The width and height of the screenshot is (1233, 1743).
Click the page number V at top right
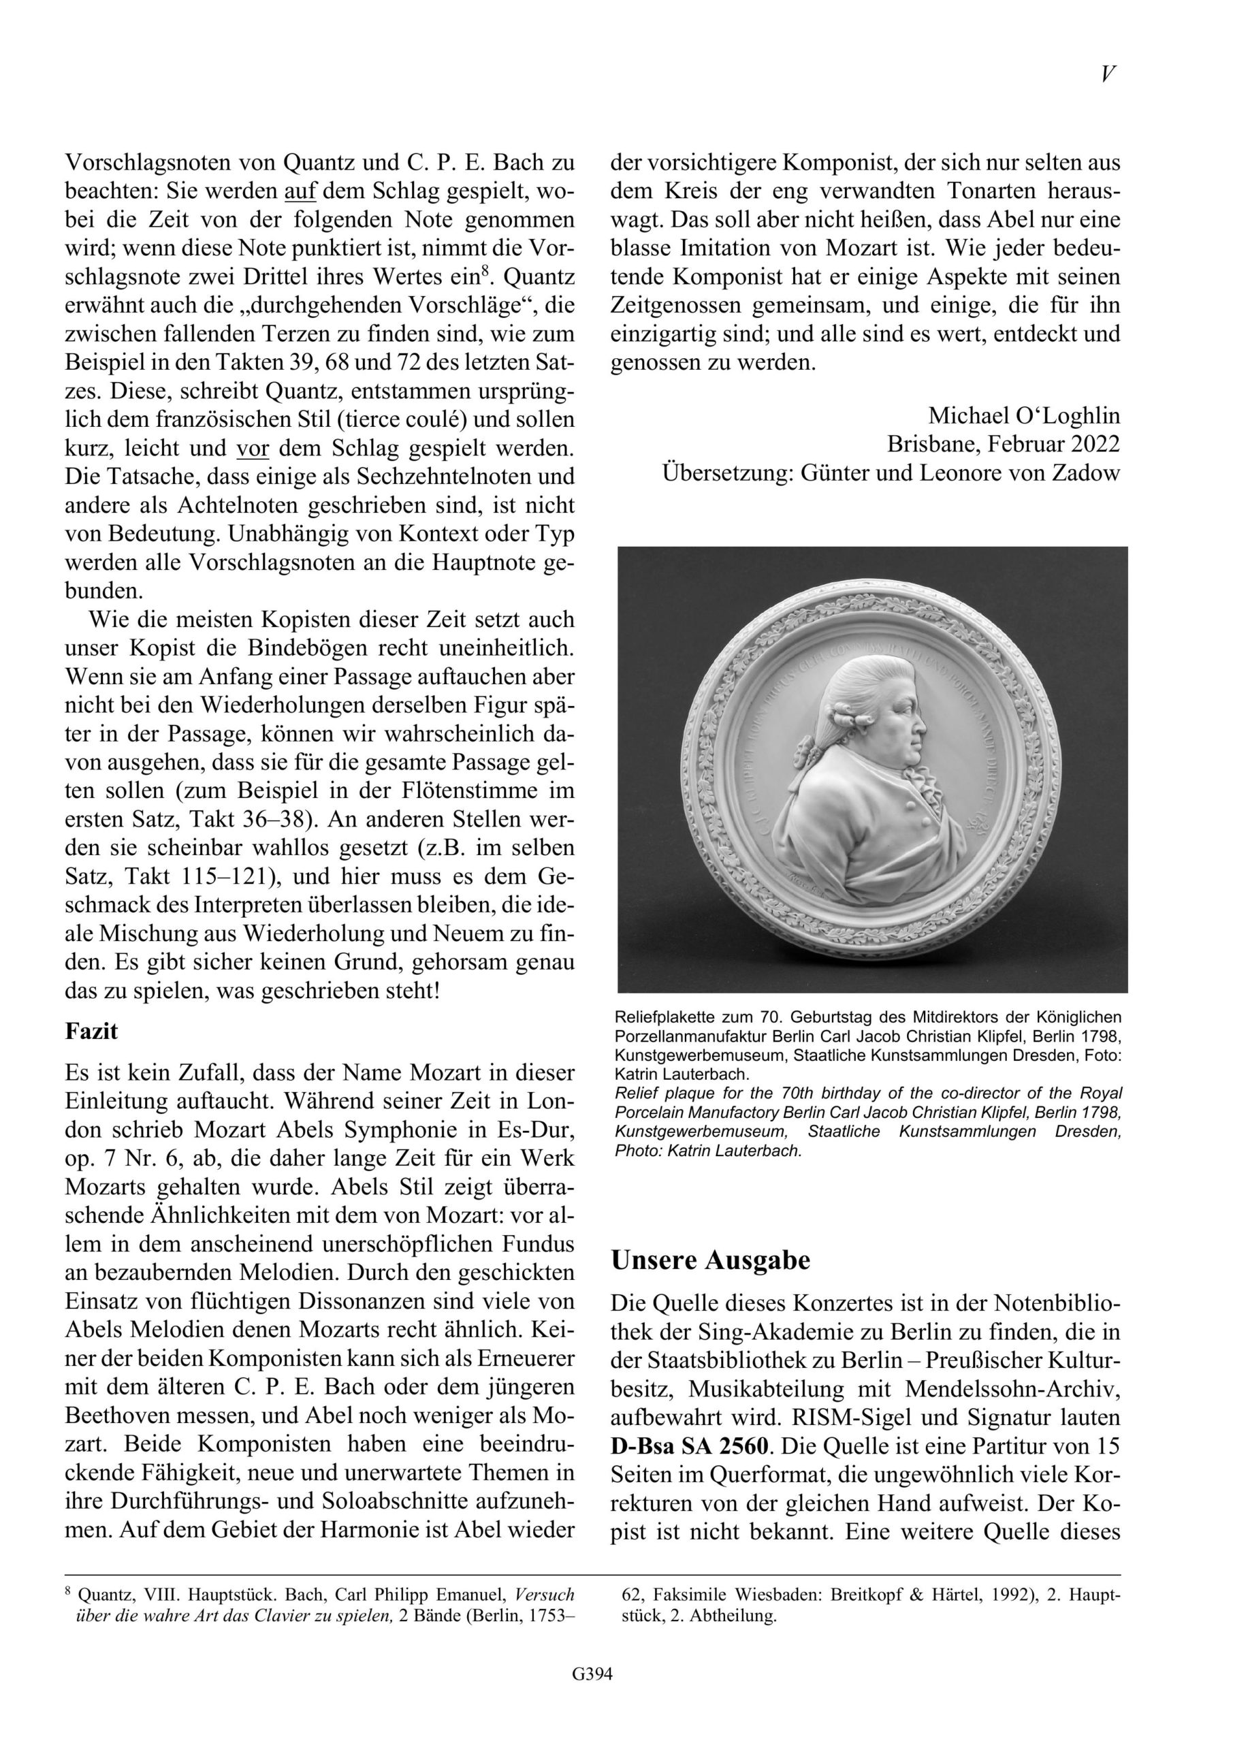pyautogui.click(x=1108, y=74)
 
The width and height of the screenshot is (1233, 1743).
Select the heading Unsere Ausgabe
pyautogui.click(x=711, y=1261)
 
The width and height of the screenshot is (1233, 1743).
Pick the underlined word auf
pyautogui.click(x=298, y=191)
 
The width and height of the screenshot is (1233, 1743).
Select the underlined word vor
pyautogui.click(x=253, y=449)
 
